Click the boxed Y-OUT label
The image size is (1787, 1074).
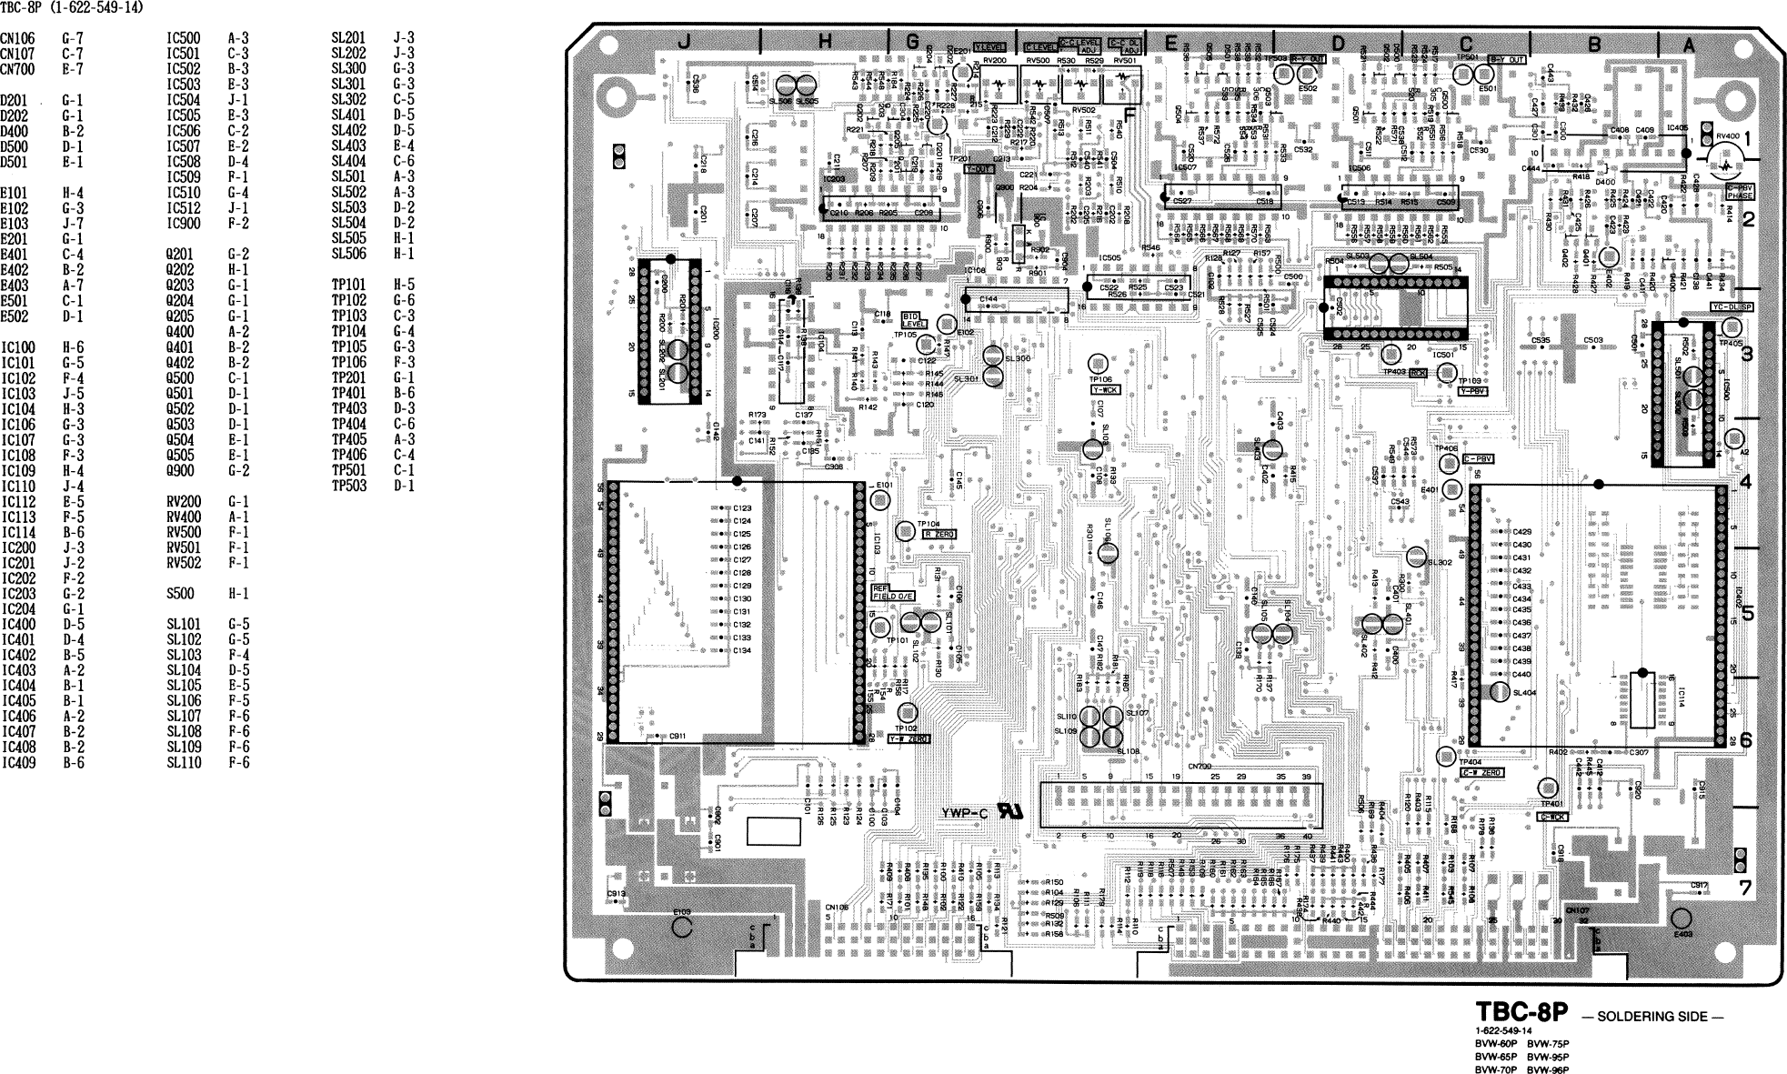979,169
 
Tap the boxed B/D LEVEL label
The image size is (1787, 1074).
913,319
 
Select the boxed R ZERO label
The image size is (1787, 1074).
939,535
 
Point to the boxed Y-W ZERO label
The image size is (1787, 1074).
908,739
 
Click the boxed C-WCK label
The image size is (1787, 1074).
1552,817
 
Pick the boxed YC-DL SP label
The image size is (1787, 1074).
1732,307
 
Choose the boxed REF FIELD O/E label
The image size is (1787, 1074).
893,592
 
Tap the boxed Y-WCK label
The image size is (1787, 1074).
1105,389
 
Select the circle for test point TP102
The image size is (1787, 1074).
906,713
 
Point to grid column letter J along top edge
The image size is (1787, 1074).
684,41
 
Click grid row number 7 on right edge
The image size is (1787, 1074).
1744,888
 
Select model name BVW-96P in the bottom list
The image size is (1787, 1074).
1548,1070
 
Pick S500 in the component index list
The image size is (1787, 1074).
180,594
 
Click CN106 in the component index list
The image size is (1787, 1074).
17,39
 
